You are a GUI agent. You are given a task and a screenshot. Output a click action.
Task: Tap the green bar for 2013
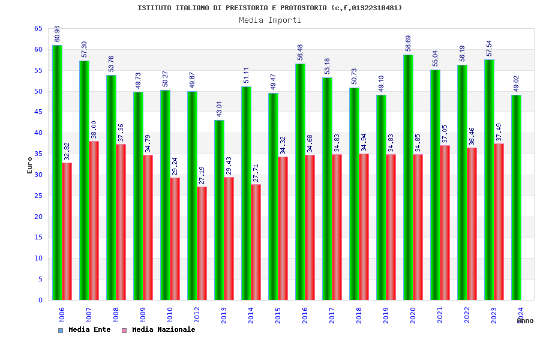[219, 210]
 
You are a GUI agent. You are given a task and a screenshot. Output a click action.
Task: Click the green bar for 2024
[516, 197]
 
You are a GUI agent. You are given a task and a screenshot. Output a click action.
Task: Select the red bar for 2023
[499, 221]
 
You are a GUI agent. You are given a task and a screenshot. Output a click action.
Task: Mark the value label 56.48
[301, 53]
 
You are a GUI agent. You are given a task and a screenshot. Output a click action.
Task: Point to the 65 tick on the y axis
[38, 29]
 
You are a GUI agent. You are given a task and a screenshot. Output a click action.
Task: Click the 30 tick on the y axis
[38, 175]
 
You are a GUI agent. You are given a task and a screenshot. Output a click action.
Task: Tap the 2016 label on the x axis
[305, 315]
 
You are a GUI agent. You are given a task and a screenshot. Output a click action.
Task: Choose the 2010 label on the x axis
[170, 315]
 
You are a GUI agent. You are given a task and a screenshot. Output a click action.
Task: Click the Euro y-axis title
[30, 166]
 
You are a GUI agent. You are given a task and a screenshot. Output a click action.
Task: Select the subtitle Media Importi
[270, 20]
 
